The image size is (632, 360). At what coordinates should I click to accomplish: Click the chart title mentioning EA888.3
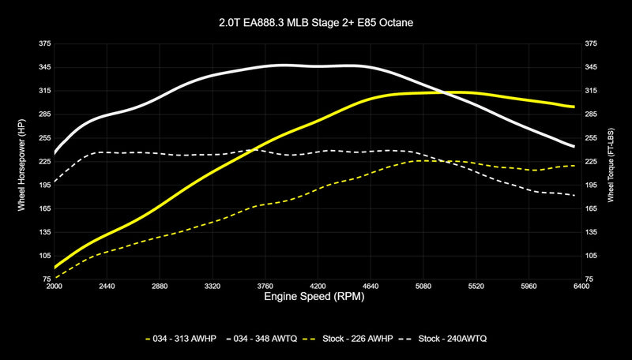click(316, 23)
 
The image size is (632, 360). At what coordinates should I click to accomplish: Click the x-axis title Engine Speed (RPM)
click(316, 300)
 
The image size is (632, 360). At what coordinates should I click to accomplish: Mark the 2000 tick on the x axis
click(55, 287)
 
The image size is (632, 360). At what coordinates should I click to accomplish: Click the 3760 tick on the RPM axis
click(265, 287)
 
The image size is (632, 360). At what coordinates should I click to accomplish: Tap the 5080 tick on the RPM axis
click(423, 287)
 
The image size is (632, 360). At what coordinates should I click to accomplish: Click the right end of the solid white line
click(574, 146)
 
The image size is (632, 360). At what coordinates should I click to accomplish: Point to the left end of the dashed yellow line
click(55, 277)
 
